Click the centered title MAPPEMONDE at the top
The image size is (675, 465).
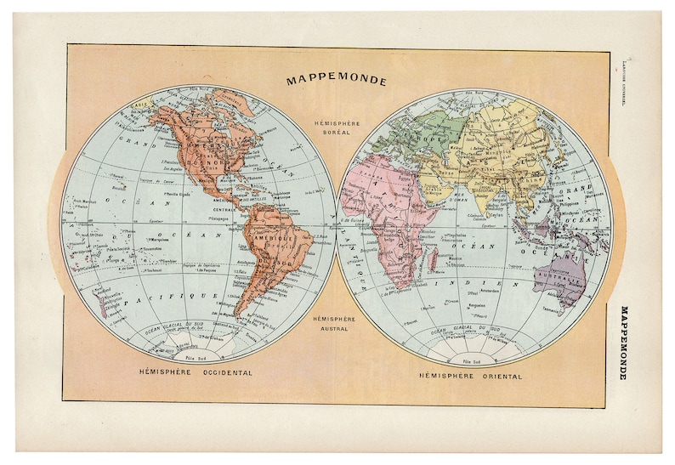coord(337,82)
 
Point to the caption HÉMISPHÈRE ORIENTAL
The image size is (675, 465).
coord(470,375)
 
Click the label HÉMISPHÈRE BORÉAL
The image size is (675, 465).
coord(337,128)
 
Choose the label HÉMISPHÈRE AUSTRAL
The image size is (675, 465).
coord(337,322)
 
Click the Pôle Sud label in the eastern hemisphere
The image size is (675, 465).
coord(474,362)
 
